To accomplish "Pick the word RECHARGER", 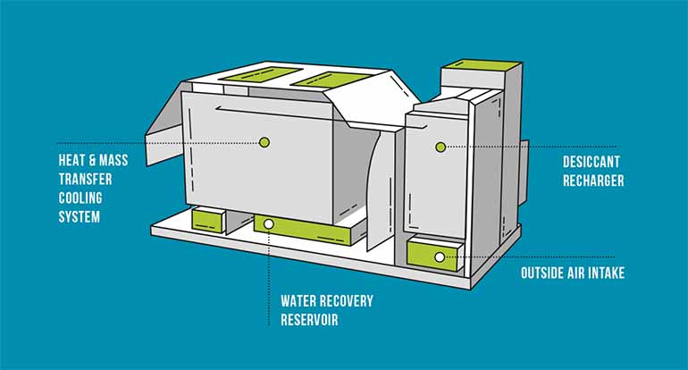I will (593, 181).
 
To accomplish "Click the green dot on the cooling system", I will (263, 141).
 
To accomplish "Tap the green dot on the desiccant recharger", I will (440, 146).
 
